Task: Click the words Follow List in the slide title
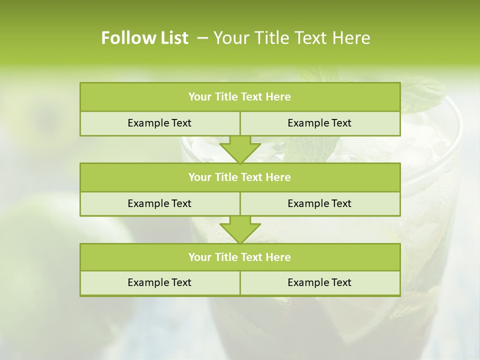(144, 38)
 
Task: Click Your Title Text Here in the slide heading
(291, 38)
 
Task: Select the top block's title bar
(240, 97)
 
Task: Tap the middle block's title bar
(240, 177)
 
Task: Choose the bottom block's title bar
(240, 257)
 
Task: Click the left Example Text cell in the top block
(159, 123)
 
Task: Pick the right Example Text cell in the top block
(319, 123)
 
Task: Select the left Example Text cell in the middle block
(159, 203)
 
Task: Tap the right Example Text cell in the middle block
(319, 203)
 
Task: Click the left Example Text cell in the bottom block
(159, 282)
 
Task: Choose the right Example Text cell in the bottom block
(319, 282)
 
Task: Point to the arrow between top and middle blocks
(240, 149)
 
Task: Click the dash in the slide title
(202, 38)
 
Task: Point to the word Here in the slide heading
(352, 38)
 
